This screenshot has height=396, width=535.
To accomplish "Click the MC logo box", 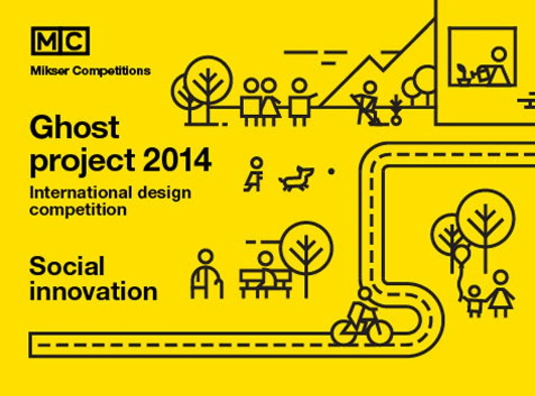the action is click(x=60, y=40).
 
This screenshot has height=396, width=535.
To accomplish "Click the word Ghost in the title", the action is click(x=75, y=127).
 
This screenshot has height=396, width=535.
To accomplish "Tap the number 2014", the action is click(x=178, y=160).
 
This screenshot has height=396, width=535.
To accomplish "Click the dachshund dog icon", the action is click(x=296, y=178).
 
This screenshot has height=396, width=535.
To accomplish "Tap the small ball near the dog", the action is click(x=331, y=172).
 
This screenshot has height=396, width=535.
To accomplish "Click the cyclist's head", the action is click(x=365, y=294).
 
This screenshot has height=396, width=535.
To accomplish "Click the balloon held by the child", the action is click(x=462, y=254).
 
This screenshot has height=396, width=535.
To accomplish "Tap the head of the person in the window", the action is click(x=500, y=54).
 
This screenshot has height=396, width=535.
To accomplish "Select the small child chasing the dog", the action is click(x=254, y=174).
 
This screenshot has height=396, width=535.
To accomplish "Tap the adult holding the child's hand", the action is click(x=500, y=294).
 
